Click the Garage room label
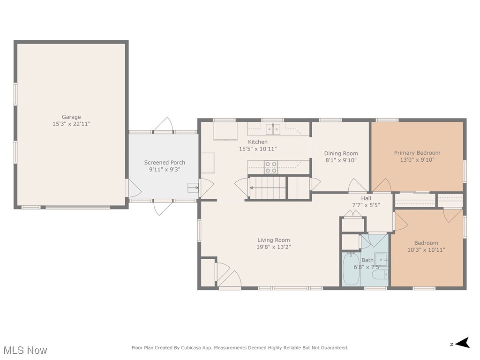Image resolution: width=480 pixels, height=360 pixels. click(x=71, y=117)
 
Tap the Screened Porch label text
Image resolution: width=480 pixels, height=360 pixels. click(x=165, y=163)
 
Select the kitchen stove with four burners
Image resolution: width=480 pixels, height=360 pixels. click(x=271, y=167)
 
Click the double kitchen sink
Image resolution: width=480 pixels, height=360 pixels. click(x=273, y=129)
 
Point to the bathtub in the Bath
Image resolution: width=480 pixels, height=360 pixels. click(x=351, y=269)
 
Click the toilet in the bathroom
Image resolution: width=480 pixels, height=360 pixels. click(x=380, y=275)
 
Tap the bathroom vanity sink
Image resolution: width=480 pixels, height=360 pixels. click(x=382, y=260)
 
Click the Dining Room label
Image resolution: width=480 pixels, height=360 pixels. click(x=341, y=153)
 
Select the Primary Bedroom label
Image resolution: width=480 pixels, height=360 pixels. click(x=417, y=153)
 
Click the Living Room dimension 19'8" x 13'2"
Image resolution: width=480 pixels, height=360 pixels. click(x=274, y=247)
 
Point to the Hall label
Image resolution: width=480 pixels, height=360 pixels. click(x=366, y=198)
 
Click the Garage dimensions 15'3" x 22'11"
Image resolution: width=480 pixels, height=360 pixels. click(x=71, y=124)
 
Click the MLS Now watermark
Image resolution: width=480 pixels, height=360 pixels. click(x=25, y=350)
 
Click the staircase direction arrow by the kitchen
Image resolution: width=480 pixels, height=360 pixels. click(x=268, y=187)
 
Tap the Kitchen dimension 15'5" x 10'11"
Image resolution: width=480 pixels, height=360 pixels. click(x=258, y=149)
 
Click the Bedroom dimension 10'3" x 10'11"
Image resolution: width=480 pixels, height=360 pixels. click(x=426, y=250)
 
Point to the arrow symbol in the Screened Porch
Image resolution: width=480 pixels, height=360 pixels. click(x=193, y=187)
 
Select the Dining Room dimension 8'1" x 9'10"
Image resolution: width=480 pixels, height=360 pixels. click(x=341, y=160)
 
